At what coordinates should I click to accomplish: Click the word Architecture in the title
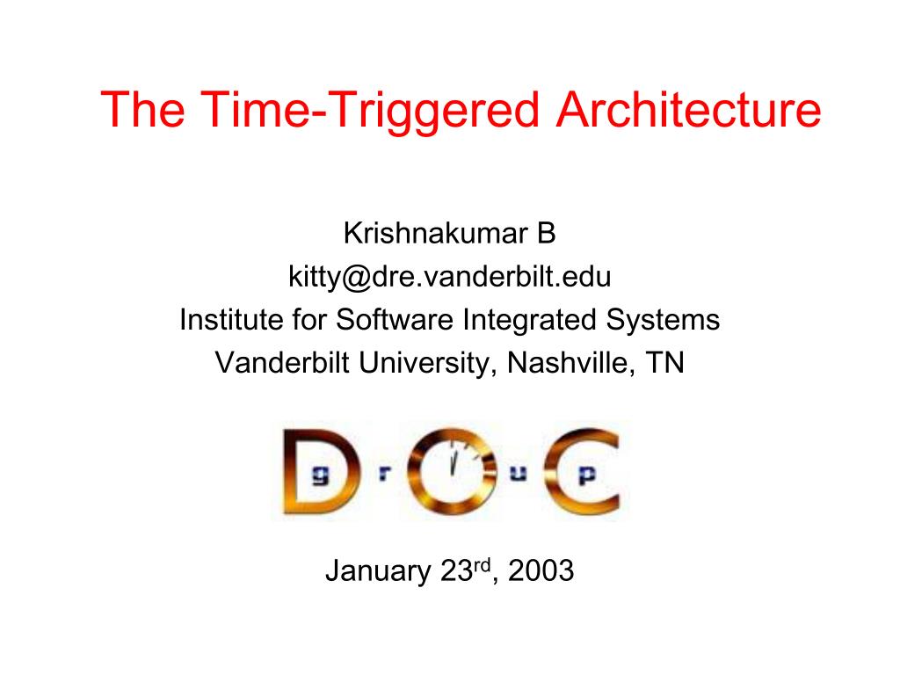(x=689, y=109)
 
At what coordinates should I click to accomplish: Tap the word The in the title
(x=143, y=109)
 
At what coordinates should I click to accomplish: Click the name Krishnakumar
(x=435, y=233)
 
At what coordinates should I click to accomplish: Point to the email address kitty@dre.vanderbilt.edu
(x=449, y=277)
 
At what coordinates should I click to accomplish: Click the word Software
(x=395, y=319)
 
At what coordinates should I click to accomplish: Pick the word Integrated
(x=530, y=320)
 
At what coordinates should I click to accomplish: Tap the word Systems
(x=663, y=320)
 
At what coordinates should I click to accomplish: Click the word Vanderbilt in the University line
(x=282, y=363)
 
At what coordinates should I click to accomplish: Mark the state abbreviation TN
(x=664, y=363)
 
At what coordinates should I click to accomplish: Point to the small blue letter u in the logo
(x=519, y=474)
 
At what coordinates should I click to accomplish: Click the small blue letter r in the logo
(x=385, y=474)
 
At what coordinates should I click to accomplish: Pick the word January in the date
(x=378, y=571)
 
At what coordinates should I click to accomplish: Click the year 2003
(x=541, y=570)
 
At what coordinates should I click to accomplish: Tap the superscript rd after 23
(x=483, y=565)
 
